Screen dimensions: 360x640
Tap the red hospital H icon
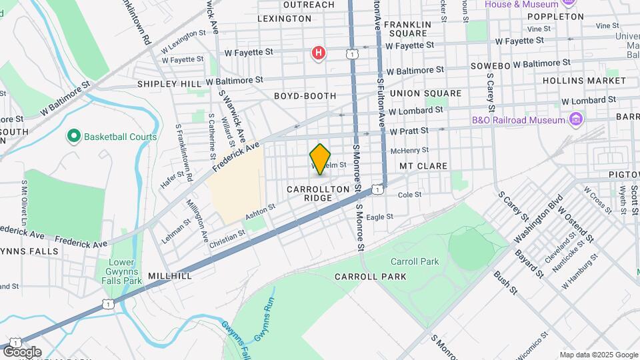(319, 53)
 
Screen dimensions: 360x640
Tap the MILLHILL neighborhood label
(170, 275)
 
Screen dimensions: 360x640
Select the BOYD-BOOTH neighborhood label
(305, 96)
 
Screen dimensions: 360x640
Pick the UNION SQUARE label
(425, 93)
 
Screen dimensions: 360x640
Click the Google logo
(22, 352)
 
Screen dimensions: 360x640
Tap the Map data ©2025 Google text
(598, 355)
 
